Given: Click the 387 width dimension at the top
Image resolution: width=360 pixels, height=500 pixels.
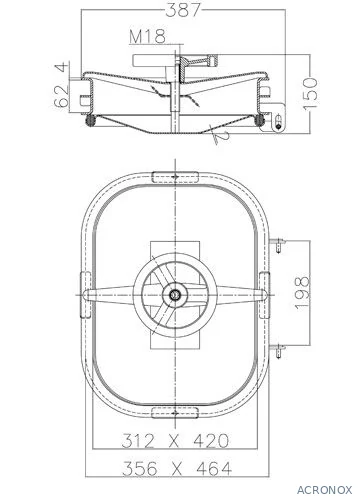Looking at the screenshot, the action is pyautogui.click(x=183, y=10).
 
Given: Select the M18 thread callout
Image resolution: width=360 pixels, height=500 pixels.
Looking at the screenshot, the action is pyautogui.click(x=147, y=36).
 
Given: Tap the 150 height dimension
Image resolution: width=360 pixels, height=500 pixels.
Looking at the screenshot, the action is pyautogui.click(x=310, y=93).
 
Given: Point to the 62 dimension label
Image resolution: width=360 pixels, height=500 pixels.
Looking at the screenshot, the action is pyautogui.click(x=61, y=96).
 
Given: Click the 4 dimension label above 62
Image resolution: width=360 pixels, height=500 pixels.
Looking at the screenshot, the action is pyautogui.click(x=62, y=68).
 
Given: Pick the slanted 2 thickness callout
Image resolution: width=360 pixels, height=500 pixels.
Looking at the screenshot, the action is pyautogui.click(x=221, y=137).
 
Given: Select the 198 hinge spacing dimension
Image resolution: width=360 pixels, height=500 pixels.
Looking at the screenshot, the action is pyautogui.click(x=302, y=293).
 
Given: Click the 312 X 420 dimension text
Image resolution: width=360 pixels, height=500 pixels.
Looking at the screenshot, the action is pyautogui.click(x=175, y=440).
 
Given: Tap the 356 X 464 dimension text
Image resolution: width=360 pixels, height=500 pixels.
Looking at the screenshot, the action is pyautogui.click(x=177, y=468).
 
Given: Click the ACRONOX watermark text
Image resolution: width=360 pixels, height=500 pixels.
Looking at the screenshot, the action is pyautogui.click(x=324, y=490).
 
